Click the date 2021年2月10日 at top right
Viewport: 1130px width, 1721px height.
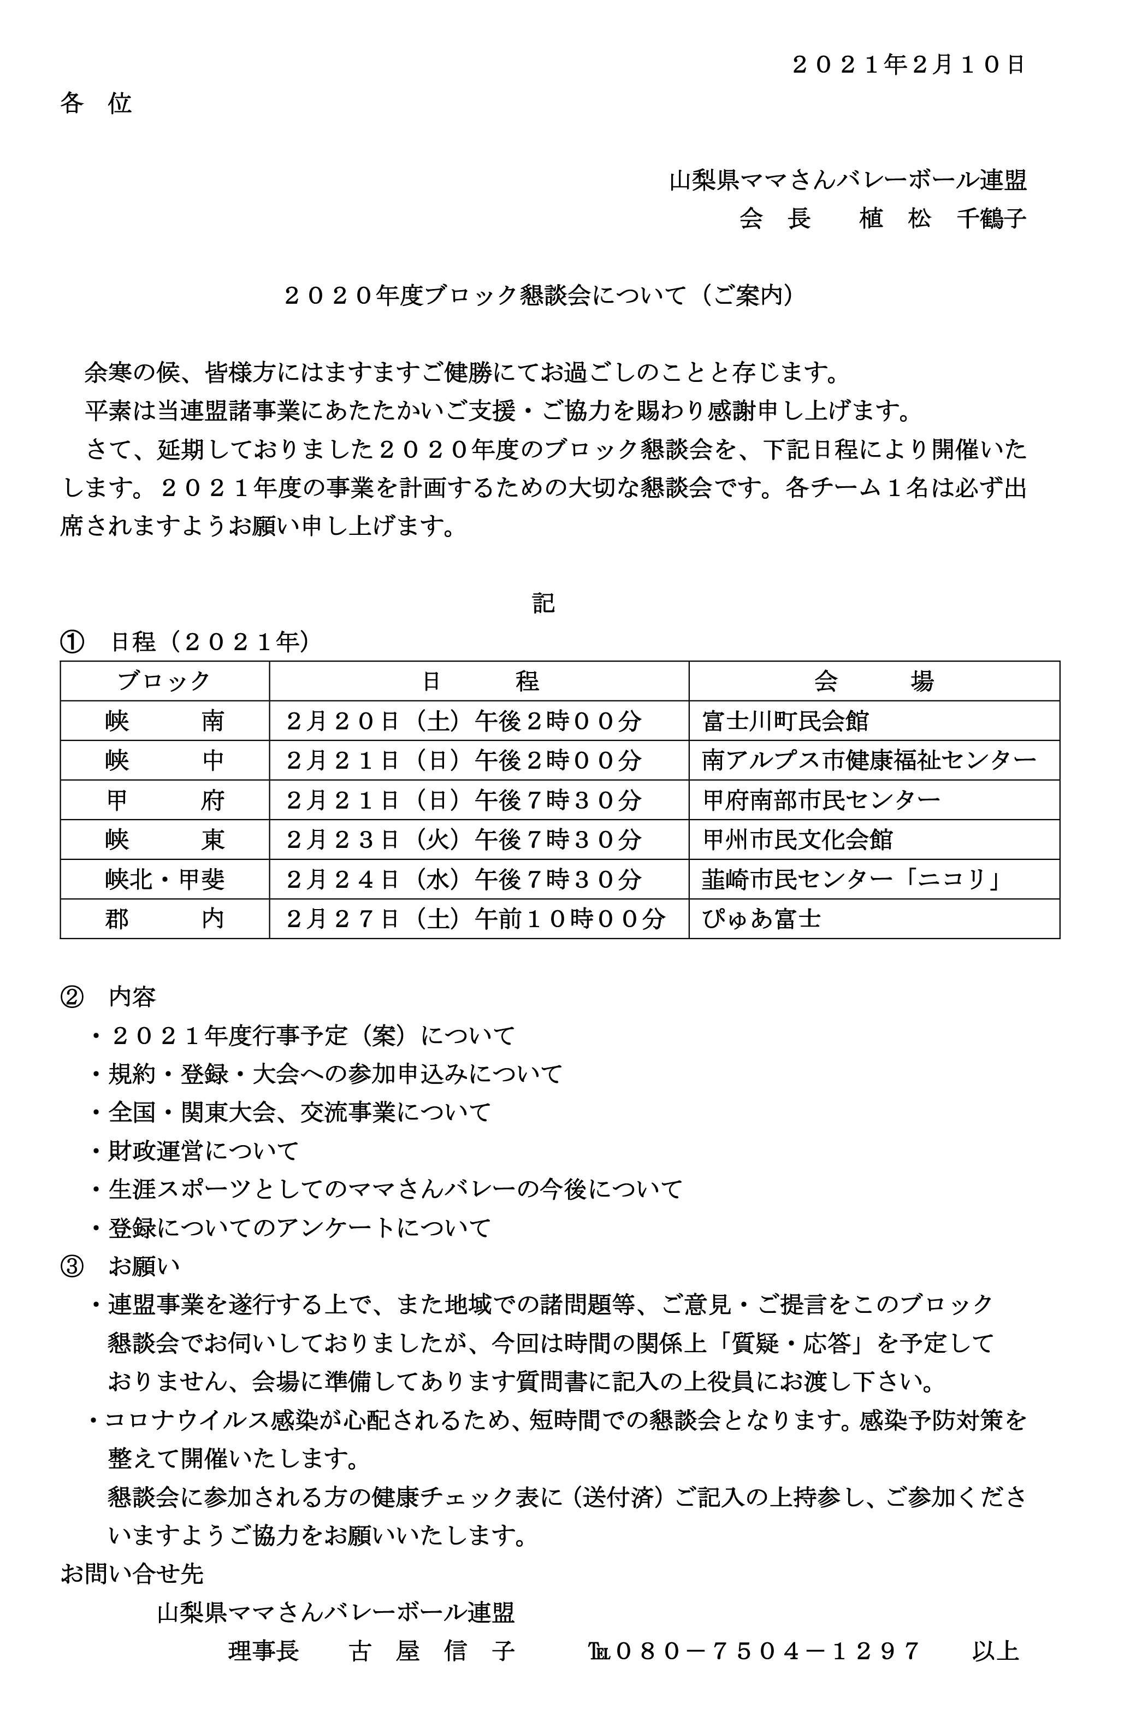tap(909, 65)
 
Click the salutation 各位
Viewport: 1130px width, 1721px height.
tap(96, 103)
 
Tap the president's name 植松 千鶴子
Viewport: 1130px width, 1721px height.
tap(942, 217)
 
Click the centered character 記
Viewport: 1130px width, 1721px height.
tap(543, 602)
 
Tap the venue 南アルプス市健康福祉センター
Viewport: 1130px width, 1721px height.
tap(869, 760)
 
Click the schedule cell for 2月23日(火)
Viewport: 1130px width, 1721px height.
tap(464, 840)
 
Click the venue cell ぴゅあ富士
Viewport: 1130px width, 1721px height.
tap(761, 919)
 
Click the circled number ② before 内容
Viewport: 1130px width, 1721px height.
tap(72, 998)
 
